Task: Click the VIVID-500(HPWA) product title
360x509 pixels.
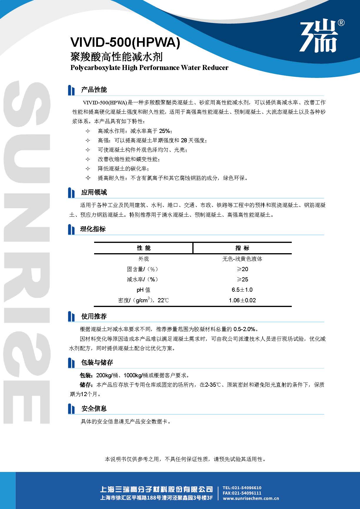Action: (125, 43)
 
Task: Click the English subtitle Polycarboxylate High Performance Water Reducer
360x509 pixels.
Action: (149, 68)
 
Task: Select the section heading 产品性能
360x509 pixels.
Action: (94, 90)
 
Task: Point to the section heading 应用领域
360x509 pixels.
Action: (94, 192)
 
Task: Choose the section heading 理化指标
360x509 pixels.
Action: (93, 229)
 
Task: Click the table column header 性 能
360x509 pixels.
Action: (144, 248)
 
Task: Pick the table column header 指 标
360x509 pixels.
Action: (242, 248)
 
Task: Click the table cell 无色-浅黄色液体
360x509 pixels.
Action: (242, 259)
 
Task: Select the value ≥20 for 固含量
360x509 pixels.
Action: (242, 269)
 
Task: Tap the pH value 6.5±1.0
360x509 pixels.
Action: (242, 290)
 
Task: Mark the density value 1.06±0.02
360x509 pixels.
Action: (242, 300)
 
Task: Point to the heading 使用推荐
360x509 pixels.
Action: (94, 316)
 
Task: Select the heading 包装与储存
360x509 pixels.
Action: (97, 363)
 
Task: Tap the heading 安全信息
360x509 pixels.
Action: (94, 408)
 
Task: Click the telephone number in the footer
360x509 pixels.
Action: (242, 488)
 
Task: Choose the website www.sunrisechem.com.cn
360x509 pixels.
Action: (251, 498)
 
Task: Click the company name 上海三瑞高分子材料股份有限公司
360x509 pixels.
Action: (156, 489)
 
